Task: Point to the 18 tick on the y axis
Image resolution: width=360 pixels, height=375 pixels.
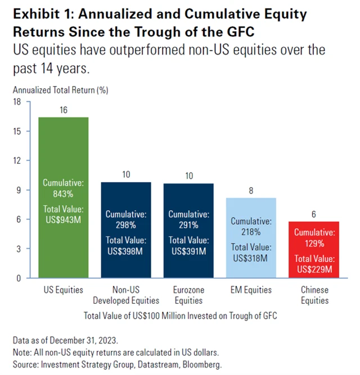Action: point(16,102)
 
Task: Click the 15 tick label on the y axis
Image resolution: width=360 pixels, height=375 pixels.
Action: point(16,131)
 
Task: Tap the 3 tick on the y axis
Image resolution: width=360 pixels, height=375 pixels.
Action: point(19,249)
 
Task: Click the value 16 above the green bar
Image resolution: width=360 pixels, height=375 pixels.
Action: point(63,110)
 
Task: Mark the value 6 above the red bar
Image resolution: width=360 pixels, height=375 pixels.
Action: point(314,215)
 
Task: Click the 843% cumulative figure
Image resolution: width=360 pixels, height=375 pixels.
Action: point(63,194)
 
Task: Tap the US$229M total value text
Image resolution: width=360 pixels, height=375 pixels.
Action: point(314,269)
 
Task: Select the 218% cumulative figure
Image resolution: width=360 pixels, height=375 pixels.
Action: point(251,232)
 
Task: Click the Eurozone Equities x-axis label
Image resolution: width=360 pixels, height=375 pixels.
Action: point(189,295)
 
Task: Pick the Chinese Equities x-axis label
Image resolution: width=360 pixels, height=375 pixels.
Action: point(314,295)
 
